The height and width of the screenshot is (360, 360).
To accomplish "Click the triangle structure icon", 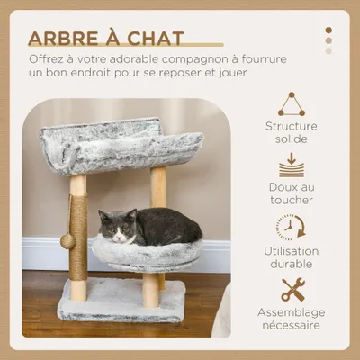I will pyautogui.click(x=291, y=104).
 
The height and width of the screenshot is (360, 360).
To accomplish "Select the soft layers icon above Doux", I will pyautogui.click(x=291, y=165).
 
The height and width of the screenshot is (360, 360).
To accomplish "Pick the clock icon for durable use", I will pyautogui.click(x=290, y=227).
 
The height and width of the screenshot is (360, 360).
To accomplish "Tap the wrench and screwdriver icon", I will pyautogui.click(x=292, y=289).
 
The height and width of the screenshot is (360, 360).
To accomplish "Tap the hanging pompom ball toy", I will pyautogui.click(x=67, y=241).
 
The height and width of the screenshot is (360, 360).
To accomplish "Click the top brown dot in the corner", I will pyautogui.click(x=328, y=30).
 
